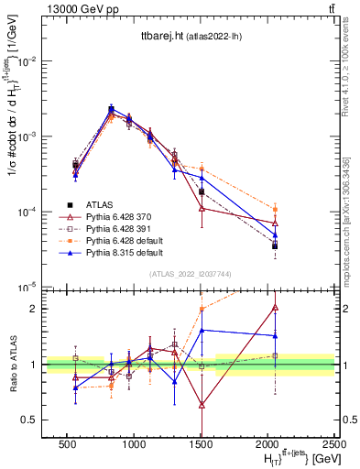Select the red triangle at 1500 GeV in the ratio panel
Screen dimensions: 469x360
[x=202, y=404]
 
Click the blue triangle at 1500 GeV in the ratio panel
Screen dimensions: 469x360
[x=202, y=330]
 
